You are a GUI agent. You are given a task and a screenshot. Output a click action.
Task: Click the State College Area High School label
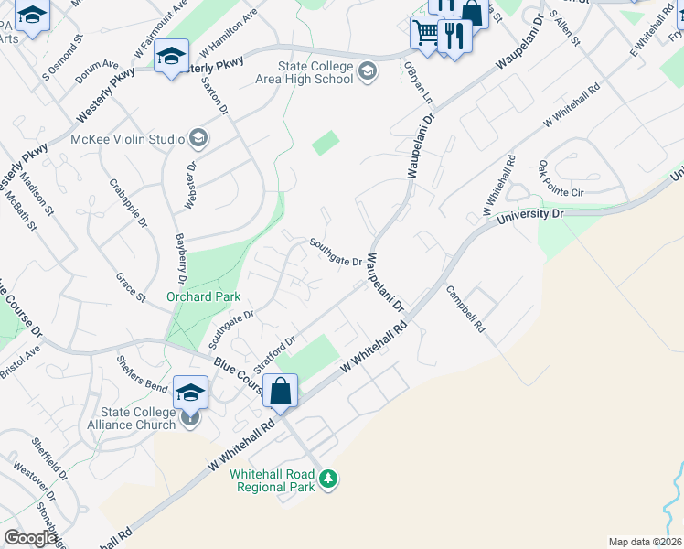click(316, 72)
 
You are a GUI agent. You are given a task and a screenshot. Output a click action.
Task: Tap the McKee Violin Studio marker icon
click(198, 140)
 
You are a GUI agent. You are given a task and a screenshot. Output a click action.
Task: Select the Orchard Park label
click(203, 296)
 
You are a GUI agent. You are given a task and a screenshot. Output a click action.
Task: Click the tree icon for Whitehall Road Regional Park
click(328, 479)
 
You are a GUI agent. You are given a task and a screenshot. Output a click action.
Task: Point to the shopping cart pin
click(425, 34)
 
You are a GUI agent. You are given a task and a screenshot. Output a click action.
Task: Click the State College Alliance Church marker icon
click(189, 418)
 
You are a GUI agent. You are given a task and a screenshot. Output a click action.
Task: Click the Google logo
click(30, 538)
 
